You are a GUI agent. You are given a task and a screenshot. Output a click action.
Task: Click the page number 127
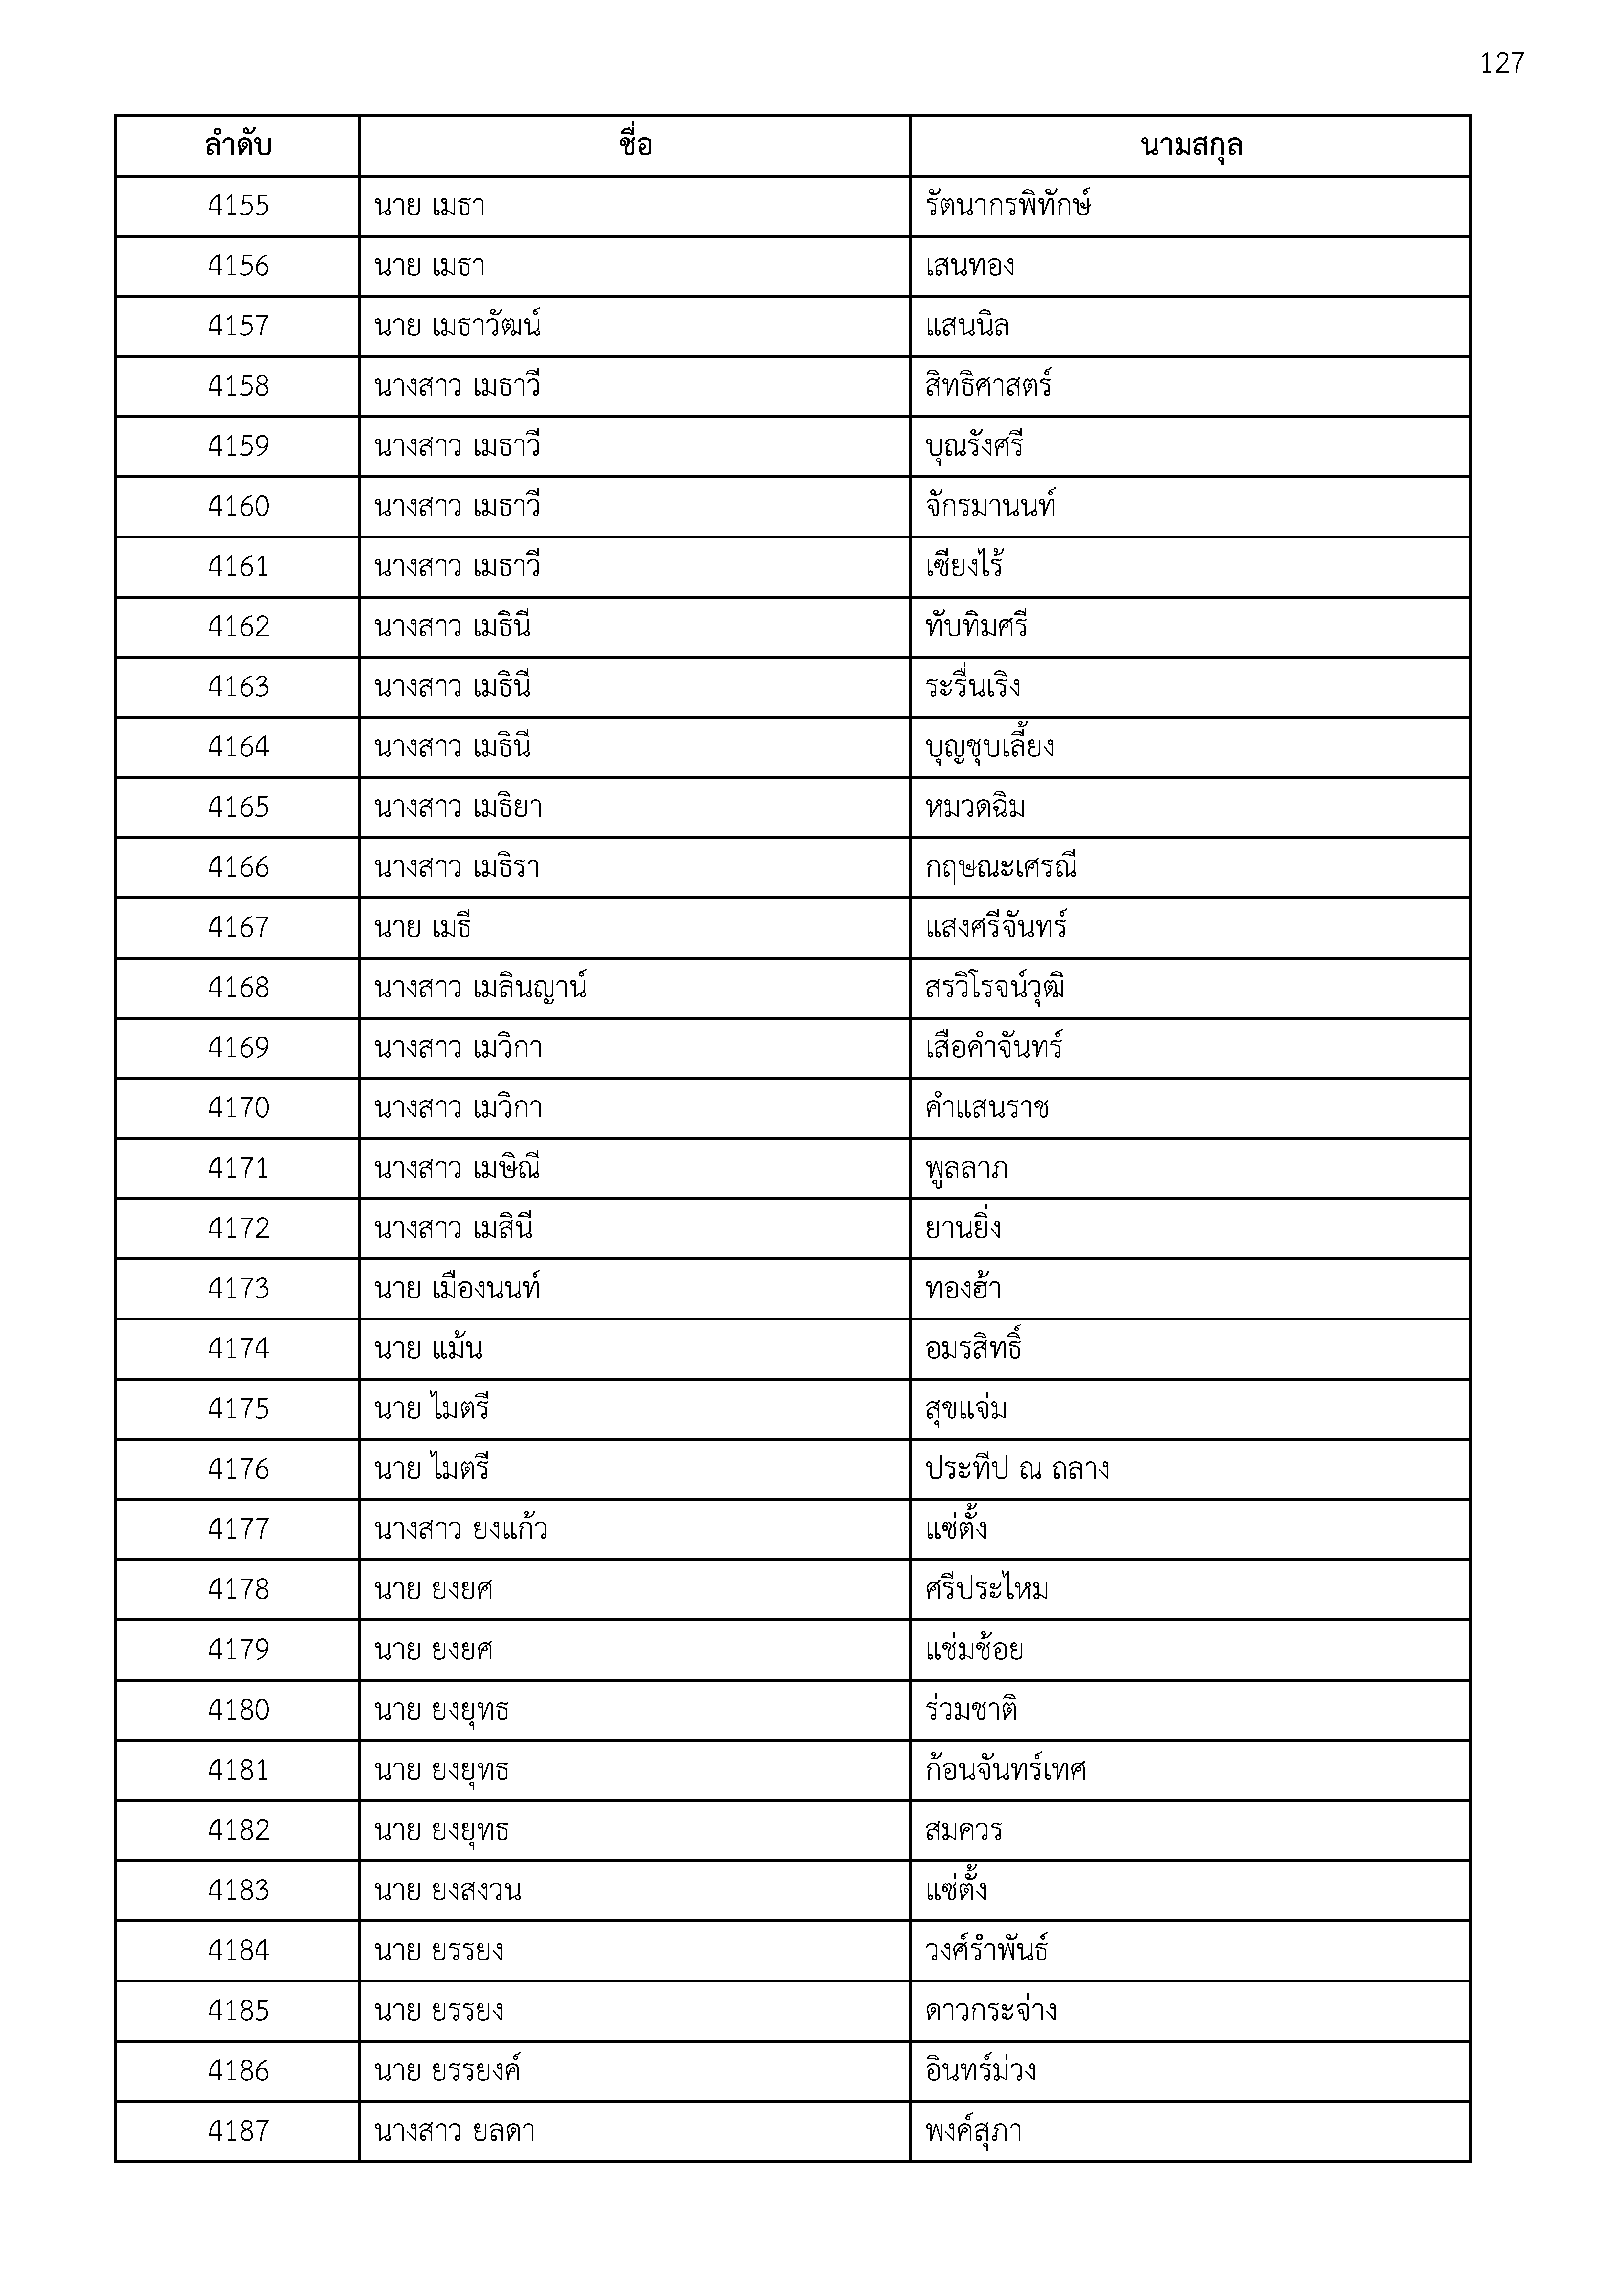coord(1501,63)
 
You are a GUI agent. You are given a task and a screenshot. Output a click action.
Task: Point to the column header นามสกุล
coord(1191,146)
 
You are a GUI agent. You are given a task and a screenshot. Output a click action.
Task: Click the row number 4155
coord(238,206)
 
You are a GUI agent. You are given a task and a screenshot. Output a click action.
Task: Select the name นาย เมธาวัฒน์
coord(458,326)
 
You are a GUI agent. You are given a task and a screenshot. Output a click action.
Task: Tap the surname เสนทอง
coord(970,266)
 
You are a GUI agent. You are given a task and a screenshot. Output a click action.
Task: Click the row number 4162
coord(238,626)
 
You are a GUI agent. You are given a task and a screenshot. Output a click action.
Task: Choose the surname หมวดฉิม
coord(974,808)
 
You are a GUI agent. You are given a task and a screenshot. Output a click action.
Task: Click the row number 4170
coord(238,1108)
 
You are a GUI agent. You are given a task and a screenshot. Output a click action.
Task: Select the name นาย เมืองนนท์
coord(457,1289)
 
